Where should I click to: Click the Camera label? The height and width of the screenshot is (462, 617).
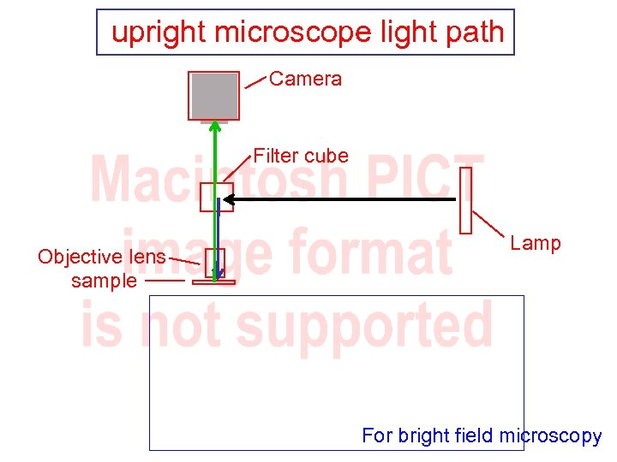(x=305, y=79)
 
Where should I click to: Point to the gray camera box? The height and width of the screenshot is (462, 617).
(x=214, y=95)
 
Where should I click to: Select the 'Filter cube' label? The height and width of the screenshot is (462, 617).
(x=301, y=156)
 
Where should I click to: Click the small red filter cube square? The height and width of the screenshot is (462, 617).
(x=216, y=197)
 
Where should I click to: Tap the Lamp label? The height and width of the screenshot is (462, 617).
(x=536, y=243)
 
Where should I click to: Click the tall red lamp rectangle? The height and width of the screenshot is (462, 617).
(x=466, y=200)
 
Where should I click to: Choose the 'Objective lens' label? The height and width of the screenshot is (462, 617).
(x=102, y=257)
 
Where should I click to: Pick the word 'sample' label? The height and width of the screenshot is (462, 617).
(x=104, y=281)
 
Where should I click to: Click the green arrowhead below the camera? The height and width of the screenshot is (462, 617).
(x=215, y=127)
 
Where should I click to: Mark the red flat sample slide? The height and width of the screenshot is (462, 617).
(x=213, y=281)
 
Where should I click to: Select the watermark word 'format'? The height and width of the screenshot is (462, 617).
(x=369, y=252)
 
